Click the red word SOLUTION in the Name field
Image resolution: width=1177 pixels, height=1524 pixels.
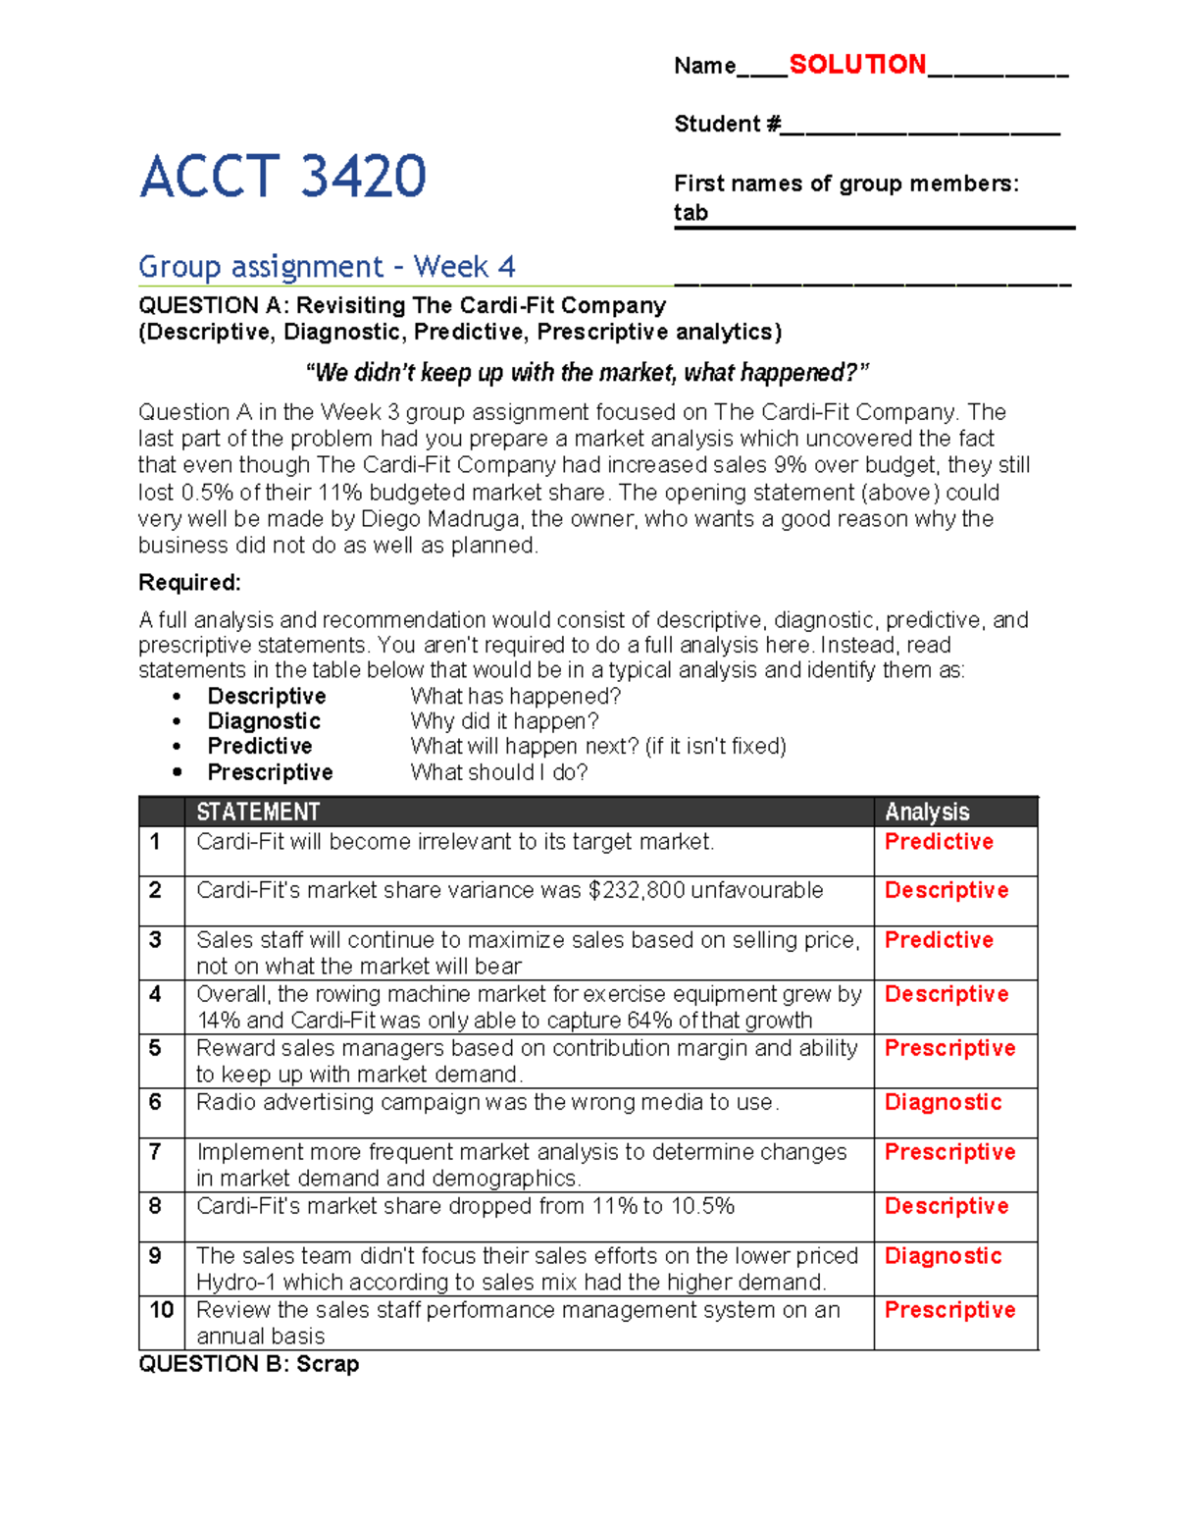(857, 65)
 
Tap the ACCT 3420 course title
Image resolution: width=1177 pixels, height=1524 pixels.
(282, 177)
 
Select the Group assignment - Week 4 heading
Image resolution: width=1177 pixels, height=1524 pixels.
(327, 267)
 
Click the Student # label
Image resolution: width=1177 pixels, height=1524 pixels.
(727, 125)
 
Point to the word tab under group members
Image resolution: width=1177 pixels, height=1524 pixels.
(691, 213)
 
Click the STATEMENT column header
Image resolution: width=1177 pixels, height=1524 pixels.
(258, 812)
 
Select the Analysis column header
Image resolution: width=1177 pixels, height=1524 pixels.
(927, 812)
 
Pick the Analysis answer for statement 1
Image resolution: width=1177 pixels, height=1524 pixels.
(939, 842)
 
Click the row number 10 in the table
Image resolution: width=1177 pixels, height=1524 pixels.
(161, 1310)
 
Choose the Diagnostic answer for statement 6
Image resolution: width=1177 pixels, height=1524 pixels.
(943, 1102)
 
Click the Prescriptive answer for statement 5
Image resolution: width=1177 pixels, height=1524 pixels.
(949, 1048)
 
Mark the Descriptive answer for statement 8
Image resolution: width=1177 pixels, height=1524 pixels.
(946, 1206)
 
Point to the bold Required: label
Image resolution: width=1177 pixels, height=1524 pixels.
(189, 583)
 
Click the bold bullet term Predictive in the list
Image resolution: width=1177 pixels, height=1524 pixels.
(259, 747)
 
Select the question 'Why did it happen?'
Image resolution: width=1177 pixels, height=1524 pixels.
(504, 721)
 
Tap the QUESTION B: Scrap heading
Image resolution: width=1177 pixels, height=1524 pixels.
(248, 1364)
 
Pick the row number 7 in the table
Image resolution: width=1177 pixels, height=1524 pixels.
(155, 1152)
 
